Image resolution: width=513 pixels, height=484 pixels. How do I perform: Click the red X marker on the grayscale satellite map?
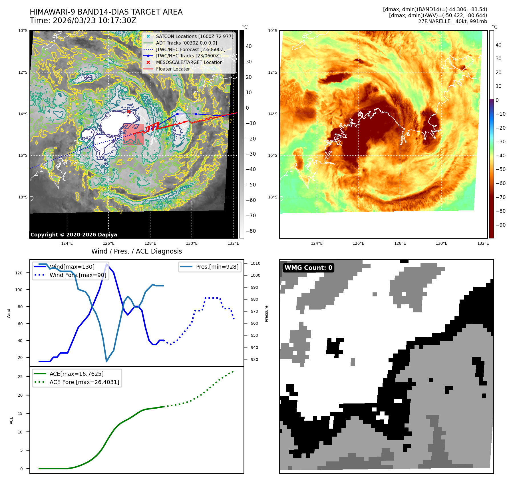pyautogui.click(x=129, y=112)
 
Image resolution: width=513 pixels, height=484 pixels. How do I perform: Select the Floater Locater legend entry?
pyautogui.click(x=173, y=69)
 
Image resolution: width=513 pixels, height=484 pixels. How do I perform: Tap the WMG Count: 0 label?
pyautogui.click(x=308, y=268)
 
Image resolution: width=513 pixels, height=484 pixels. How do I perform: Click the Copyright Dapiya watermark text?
pyautogui.click(x=74, y=235)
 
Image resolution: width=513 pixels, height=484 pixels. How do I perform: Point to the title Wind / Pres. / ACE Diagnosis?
pyautogui.click(x=136, y=251)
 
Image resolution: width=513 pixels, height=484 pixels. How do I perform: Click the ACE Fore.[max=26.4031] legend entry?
pyautogui.click(x=84, y=382)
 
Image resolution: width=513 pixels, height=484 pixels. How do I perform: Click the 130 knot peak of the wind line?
pyautogui.click(x=107, y=264)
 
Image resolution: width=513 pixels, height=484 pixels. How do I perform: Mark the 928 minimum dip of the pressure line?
pyautogui.click(x=107, y=361)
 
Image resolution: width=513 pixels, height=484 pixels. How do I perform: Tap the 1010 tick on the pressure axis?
pyautogui.click(x=256, y=263)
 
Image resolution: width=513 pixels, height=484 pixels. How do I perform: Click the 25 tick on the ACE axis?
pyautogui.click(x=20, y=377)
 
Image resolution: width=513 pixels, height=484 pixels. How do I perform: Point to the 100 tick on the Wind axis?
pyautogui.click(x=19, y=290)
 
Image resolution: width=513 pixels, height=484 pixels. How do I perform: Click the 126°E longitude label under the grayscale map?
pyautogui.click(x=108, y=243)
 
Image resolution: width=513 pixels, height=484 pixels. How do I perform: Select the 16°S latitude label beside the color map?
pyautogui.click(x=273, y=156)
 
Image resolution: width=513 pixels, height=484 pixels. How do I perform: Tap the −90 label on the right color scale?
pyautogui.click(x=500, y=225)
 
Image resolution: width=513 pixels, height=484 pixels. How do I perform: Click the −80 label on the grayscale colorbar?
pyautogui.click(x=251, y=231)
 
